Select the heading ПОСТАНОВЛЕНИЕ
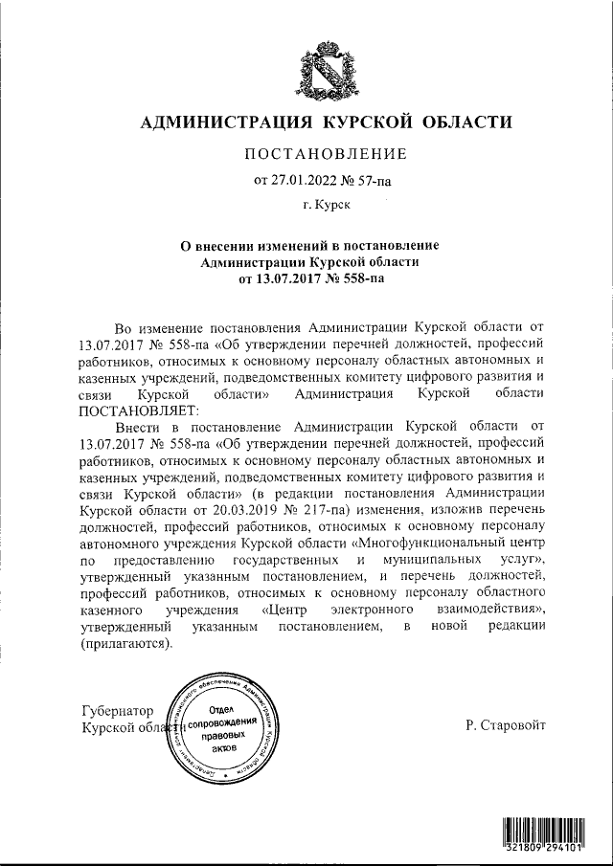[326, 154]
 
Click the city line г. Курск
[325, 204]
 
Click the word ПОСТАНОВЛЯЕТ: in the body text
[129, 410]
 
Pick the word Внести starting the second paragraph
[140, 428]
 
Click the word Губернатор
[119, 711]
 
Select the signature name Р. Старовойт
[506, 726]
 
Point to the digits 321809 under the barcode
[526, 847]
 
